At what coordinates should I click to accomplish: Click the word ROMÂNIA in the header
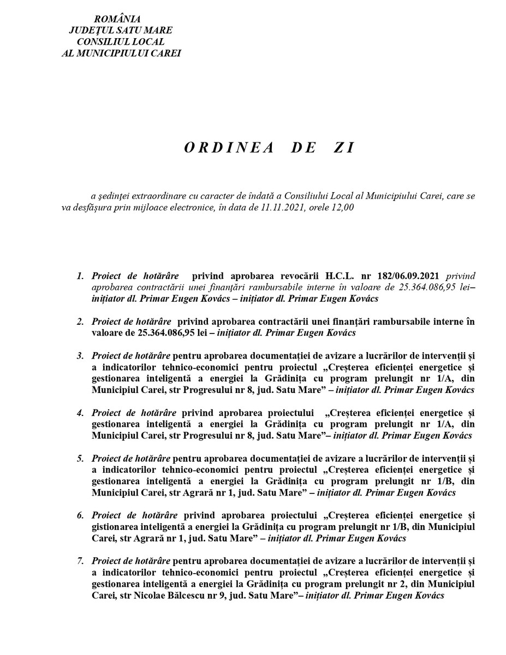121,20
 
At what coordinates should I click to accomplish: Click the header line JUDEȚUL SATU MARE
121,31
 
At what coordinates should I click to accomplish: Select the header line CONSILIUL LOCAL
121,42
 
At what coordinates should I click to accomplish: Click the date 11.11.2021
307,207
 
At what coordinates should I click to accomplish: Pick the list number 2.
80,321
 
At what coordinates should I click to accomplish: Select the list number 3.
80,356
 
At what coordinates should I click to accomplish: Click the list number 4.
80,413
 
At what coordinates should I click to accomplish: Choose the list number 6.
80,515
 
